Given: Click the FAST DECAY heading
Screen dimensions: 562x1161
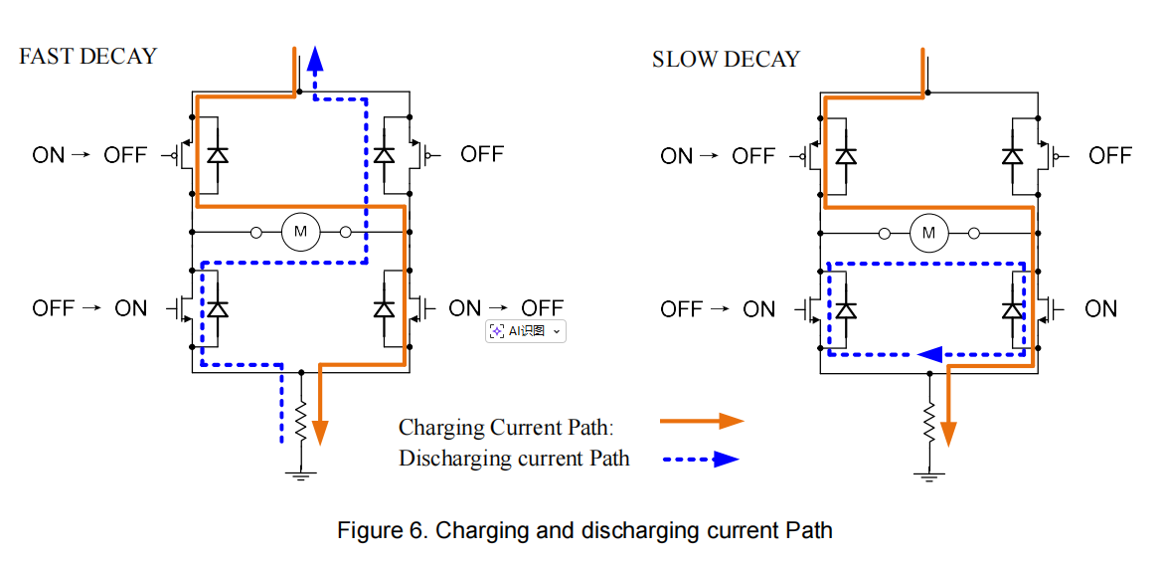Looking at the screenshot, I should [x=87, y=56].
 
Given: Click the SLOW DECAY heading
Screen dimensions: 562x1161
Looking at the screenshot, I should [x=726, y=59].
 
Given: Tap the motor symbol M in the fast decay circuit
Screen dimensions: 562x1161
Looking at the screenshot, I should [x=300, y=232].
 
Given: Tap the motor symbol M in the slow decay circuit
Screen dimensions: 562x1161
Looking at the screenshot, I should [x=929, y=233].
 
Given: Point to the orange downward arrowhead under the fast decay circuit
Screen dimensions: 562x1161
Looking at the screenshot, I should [x=320, y=432].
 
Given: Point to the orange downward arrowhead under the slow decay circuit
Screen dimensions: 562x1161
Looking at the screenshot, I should [x=948, y=433].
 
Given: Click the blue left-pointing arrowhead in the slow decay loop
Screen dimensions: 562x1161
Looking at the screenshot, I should [x=930, y=353].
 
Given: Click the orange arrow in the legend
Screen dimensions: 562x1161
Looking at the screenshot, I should [x=702, y=421].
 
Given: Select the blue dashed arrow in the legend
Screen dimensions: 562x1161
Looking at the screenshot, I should [x=700, y=460].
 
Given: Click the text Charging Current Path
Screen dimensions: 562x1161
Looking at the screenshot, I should [x=506, y=428].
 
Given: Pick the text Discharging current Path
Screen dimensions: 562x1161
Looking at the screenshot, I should [x=514, y=459].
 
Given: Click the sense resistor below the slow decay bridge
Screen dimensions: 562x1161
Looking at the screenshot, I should [x=928, y=423].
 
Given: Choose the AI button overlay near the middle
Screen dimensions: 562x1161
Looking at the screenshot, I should [x=525, y=331].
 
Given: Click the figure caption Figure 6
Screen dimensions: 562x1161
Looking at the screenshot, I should [x=583, y=530].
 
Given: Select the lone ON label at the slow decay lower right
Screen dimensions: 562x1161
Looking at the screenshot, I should [x=1100, y=308].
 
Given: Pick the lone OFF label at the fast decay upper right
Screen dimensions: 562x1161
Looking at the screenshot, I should [x=482, y=154].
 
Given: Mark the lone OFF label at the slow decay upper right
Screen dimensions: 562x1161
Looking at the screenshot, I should [x=1109, y=155].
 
